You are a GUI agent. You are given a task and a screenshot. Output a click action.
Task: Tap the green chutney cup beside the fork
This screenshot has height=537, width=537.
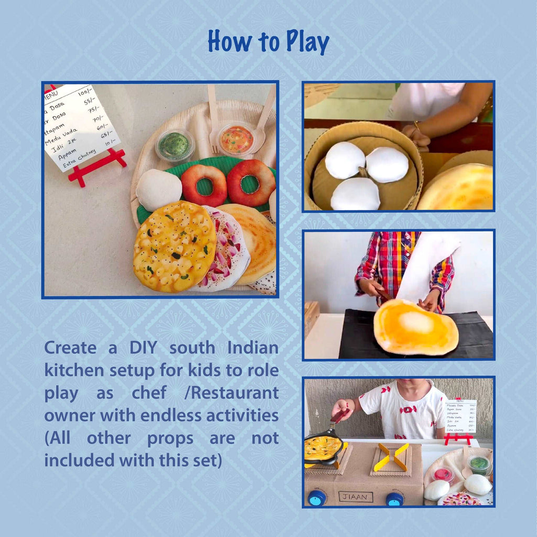(175, 145)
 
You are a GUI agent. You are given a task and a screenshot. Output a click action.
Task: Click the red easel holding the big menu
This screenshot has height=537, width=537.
(97, 165)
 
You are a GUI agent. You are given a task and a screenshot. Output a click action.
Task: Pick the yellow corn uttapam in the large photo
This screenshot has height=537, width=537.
(174, 246)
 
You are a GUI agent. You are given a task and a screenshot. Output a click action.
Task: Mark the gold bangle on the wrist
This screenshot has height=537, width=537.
(417, 125)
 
